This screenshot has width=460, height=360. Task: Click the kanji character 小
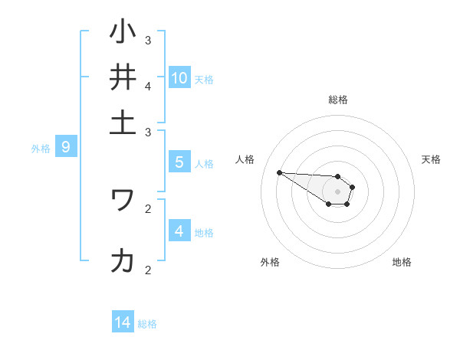tap(123, 33)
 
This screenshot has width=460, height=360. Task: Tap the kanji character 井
tap(123, 78)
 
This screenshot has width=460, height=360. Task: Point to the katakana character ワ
tap(123, 199)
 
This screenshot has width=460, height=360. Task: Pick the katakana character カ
tap(123, 261)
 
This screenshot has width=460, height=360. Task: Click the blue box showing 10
tap(179, 77)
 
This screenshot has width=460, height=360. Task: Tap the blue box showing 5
tap(179, 162)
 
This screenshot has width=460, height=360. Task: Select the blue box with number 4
tap(179, 231)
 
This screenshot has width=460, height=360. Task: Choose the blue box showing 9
tap(66, 147)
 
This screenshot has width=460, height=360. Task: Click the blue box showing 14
tap(123, 323)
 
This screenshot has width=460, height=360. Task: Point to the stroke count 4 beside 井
tap(148, 86)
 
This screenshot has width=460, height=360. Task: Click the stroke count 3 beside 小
tap(148, 40)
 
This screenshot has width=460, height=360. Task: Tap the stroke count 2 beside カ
tap(148, 270)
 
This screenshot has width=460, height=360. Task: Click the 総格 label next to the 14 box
tap(147, 324)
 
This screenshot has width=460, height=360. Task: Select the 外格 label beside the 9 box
tap(41, 149)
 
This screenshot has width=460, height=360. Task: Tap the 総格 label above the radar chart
tap(337, 100)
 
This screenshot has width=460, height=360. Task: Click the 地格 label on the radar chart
tap(402, 262)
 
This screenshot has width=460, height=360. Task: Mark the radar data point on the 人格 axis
tap(279, 172)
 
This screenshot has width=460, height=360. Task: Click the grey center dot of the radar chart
tap(337, 191)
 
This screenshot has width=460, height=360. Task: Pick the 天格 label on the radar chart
tap(431, 159)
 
